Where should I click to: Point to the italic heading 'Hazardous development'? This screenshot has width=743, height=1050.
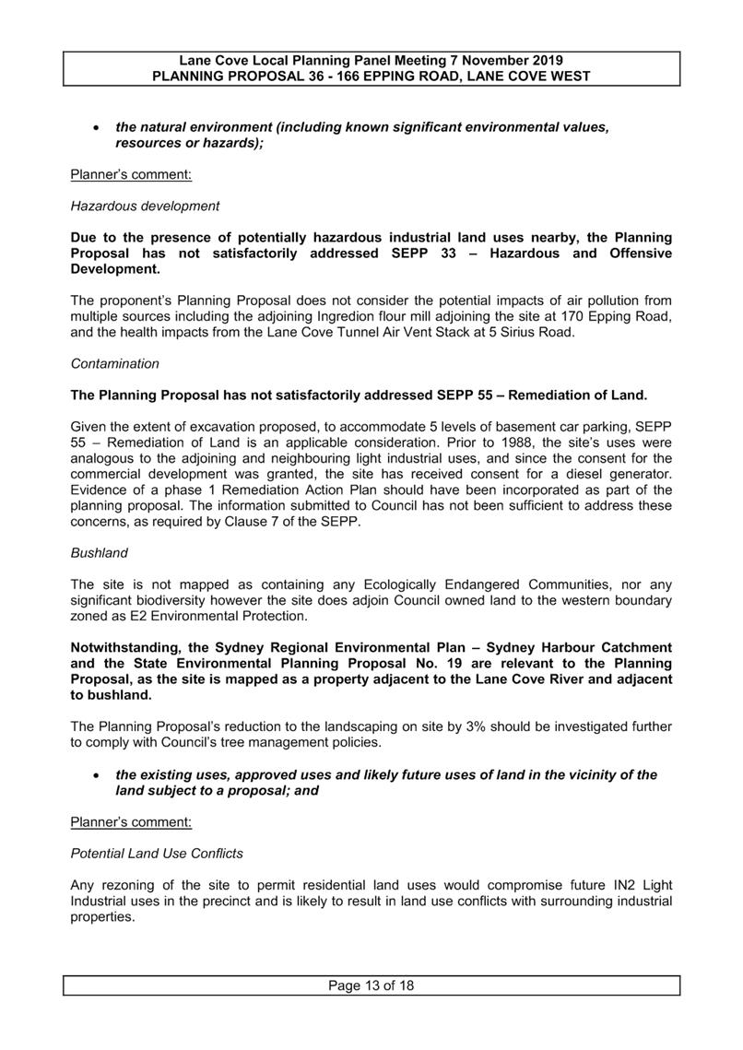click(145, 206)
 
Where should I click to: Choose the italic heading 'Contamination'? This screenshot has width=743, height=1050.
click(115, 364)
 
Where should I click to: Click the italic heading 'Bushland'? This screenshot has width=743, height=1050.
click(99, 553)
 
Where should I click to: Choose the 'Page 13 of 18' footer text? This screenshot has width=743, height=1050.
click(371, 986)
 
